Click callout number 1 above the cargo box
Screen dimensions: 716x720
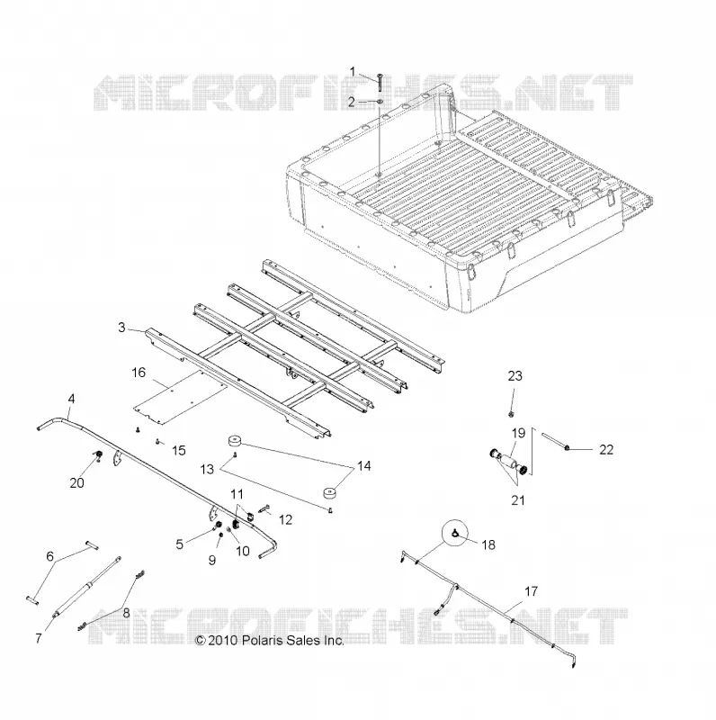pos(353,72)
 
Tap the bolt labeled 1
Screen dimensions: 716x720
pos(380,82)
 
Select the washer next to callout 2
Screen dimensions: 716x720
pos(380,102)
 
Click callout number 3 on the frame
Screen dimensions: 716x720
pos(121,328)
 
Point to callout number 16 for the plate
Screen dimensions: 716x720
pos(139,373)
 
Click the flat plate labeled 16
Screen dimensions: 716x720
pos(182,396)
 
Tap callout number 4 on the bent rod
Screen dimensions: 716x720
pos(71,399)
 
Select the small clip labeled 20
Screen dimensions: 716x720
pos(97,455)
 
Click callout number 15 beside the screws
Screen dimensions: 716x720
pos(178,450)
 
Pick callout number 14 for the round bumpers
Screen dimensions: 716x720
pos(364,466)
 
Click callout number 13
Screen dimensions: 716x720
pos(207,469)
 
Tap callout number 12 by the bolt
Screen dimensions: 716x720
pos(285,519)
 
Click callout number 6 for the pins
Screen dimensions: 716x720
pos(50,556)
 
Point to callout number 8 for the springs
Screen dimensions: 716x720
pos(126,612)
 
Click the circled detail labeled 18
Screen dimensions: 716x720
pos(457,533)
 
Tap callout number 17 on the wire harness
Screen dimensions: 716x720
pos(531,591)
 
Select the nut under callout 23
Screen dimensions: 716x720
pos(511,415)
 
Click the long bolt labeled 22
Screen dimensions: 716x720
pos(556,441)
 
